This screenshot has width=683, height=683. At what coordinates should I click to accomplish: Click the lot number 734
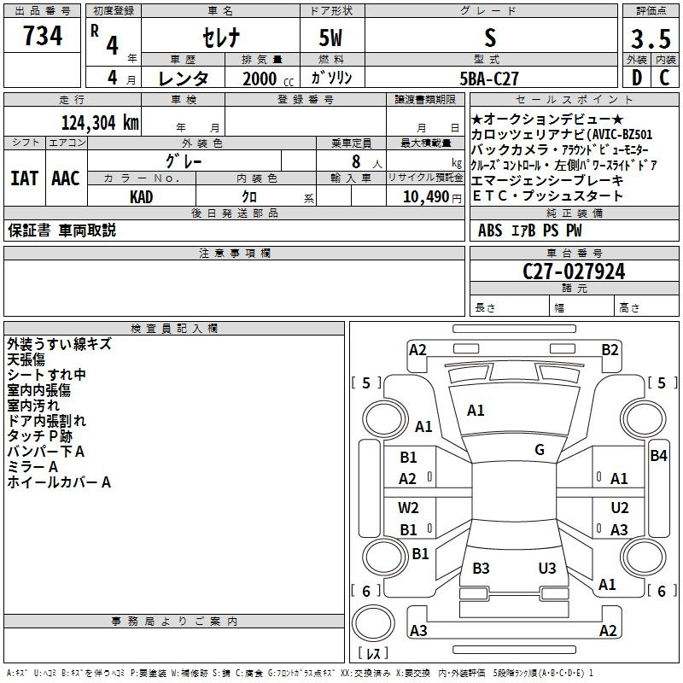(43, 36)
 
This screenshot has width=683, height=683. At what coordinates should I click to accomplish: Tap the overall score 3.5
(651, 38)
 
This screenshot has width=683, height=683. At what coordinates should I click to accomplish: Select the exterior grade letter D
(637, 78)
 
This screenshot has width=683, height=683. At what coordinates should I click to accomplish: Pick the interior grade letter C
(664, 78)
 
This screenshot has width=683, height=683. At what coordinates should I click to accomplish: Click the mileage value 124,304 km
(100, 123)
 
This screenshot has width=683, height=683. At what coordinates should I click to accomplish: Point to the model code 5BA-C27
(489, 79)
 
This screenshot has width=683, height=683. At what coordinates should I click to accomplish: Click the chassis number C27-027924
(574, 271)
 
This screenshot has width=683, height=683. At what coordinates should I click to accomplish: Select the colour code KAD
(141, 197)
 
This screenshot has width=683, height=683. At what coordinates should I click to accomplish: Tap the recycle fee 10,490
(425, 197)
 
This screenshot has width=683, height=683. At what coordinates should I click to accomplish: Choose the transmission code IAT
(24, 178)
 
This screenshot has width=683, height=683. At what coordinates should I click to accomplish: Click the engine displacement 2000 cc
(268, 79)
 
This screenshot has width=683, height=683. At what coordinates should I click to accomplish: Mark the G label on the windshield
(540, 450)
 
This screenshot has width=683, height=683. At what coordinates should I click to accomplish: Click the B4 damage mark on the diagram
(658, 456)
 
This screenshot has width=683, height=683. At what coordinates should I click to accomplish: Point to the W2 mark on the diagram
(408, 507)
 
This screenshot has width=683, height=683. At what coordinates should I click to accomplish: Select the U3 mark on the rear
(547, 568)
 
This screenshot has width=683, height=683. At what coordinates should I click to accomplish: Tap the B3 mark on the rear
(481, 568)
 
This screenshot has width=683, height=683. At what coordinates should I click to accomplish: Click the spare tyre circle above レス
(373, 623)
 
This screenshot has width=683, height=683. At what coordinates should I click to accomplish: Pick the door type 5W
(330, 38)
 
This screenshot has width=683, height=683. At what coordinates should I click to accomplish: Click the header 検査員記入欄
(174, 329)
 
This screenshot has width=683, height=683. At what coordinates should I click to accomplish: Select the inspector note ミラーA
(32, 467)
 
